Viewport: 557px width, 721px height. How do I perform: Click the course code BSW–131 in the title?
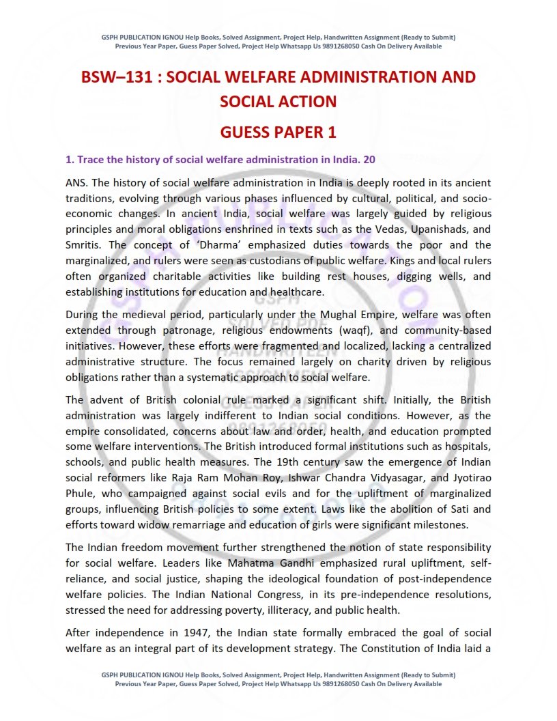click(x=113, y=76)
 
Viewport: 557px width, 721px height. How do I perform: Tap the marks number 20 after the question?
click(x=369, y=160)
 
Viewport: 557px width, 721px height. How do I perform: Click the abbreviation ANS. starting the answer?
click(x=77, y=184)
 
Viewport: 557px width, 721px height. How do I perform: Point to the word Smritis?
click(x=83, y=244)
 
